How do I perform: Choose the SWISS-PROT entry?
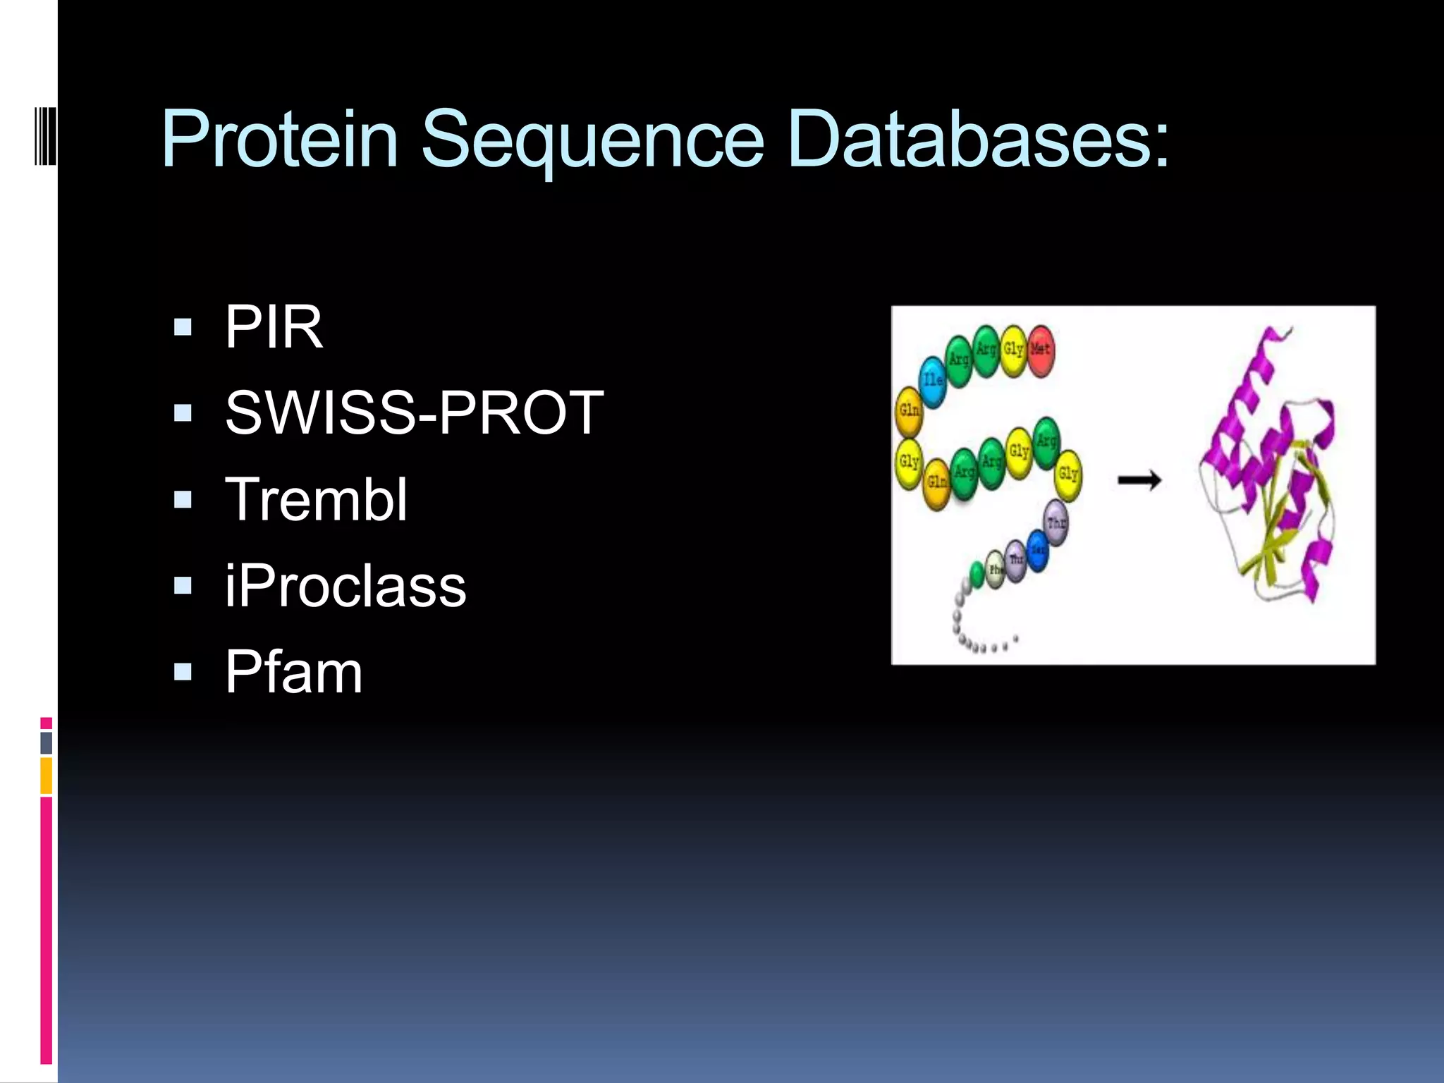tap(415, 412)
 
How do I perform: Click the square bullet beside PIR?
tap(183, 327)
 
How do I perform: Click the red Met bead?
tap(1041, 350)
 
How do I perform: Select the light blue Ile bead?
tap(933, 381)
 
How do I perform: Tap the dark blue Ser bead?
tap(1037, 550)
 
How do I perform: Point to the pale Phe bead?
tap(996, 570)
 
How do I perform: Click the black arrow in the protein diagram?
tap(1139, 481)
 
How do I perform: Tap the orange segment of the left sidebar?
tap(46, 776)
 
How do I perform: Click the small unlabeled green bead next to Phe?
tap(977, 574)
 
